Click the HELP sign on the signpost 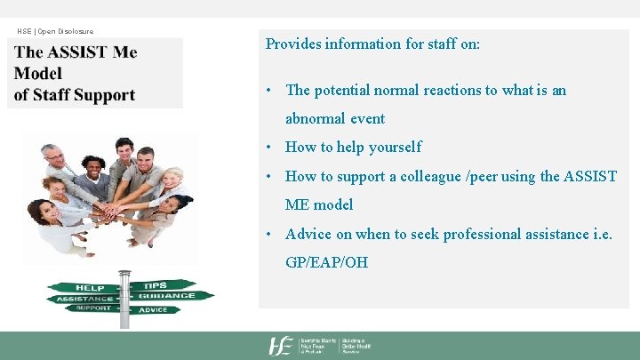pos(90,288)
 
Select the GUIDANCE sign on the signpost pos(166,296)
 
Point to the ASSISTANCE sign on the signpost pos(85,299)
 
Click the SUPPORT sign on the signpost pos(92,308)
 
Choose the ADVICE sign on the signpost pos(153,309)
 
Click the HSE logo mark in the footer pos(282,346)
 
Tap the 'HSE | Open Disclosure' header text pos(55,31)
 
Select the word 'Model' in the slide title pos(38,74)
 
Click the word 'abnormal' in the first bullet pos(315,118)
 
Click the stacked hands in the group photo pos(110,212)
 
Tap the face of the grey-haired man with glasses pos(55,156)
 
